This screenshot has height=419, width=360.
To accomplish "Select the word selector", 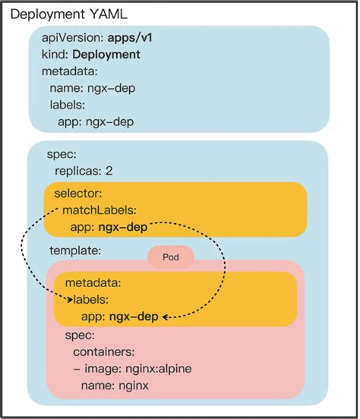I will (x=77, y=194).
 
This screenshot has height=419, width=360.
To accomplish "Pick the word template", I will (x=75, y=250).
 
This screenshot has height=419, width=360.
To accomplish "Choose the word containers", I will (x=104, y=352).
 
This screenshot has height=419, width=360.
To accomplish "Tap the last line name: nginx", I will (x=114, y=386).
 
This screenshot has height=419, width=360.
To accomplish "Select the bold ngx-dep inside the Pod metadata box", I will (x=134, y=317).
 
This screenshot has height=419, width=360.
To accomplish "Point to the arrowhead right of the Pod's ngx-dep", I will (x=165, y=317).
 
